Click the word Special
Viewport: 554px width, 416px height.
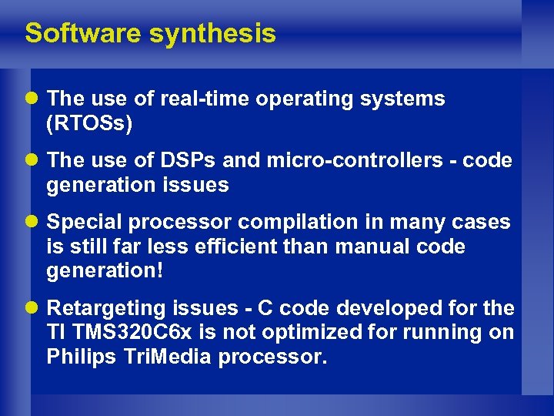[85, 222]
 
